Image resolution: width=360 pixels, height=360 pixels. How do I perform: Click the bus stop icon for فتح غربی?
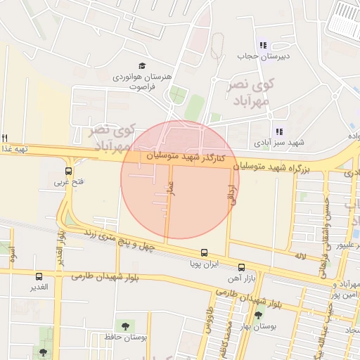pyautogui.click(x=68, y=170)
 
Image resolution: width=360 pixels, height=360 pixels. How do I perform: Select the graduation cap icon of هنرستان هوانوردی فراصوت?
pyautogui.click(x=142, y=66)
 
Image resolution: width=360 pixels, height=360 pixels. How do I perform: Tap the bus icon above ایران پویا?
pyautogui.click(x=204, y=252)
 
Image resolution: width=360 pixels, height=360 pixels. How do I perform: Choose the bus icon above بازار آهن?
pyautogui.click(x=241, y=267)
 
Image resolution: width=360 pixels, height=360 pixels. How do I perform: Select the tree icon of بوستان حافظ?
pyautogui.click(x=126, y=326)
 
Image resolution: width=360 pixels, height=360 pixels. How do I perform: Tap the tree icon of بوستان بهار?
pyautogui.click(x=259, y=316)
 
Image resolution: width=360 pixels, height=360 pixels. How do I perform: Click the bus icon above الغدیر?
pyautogui.click(x=39, y=276)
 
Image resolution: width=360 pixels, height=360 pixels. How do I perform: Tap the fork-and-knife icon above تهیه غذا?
pyautogui.click(x=5, y=137)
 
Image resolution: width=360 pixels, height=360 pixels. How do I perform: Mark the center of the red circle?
pyautogui.click(x=180, y=179)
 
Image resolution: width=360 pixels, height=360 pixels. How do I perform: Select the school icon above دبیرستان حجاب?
pyautogui.click(x=263, y=45)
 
